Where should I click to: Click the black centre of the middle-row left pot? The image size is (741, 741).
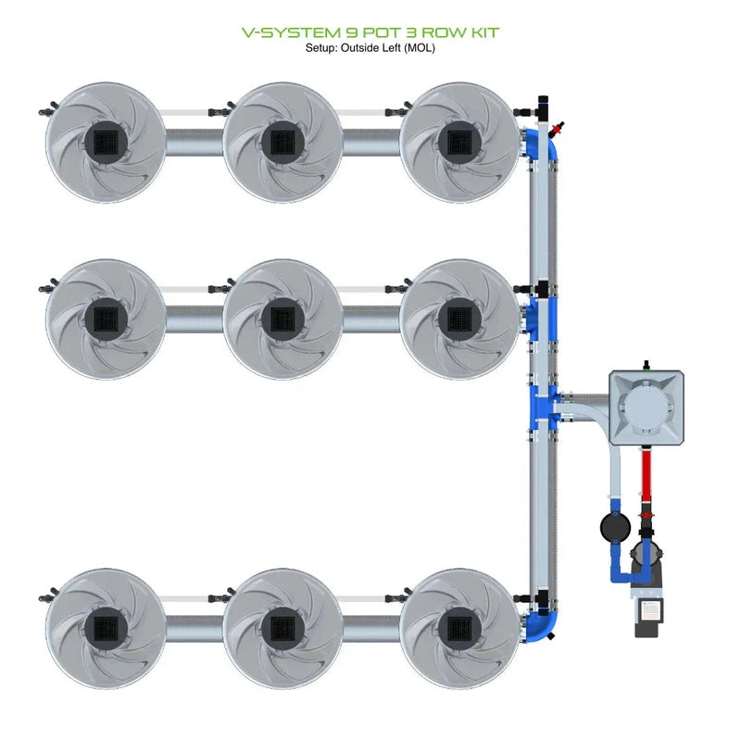[105, 318]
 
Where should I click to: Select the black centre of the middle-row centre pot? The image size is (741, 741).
[282, 318]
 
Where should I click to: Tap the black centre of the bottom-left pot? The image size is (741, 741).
[105, 627]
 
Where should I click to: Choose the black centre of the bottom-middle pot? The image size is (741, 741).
[282, 627]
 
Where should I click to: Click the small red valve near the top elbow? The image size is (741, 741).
[557, 125]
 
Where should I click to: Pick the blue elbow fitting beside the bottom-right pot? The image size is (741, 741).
[543, 621]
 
